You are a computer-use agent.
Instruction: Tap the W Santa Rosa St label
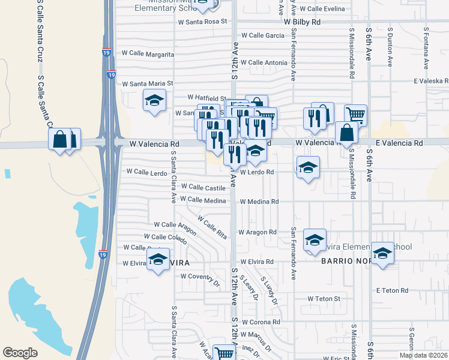[x=203, y=22]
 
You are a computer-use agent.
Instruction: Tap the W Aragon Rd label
[x=257, y=232]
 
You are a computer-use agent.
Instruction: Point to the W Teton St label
[x=324, y=298]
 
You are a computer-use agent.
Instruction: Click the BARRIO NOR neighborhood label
[x=344, y=262]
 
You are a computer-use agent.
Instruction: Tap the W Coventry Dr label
[x=200, y=277]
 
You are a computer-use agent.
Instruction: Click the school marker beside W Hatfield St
[x=154, y=100]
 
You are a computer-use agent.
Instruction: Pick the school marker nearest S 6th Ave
[x=382, y=253]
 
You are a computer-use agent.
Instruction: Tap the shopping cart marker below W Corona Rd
[x=224, y=353]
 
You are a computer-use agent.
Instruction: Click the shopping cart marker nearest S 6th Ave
[x=355, y=113]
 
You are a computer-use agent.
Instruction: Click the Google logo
[x=20, y=353]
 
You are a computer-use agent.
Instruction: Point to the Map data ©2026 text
[x=423, y=355]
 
